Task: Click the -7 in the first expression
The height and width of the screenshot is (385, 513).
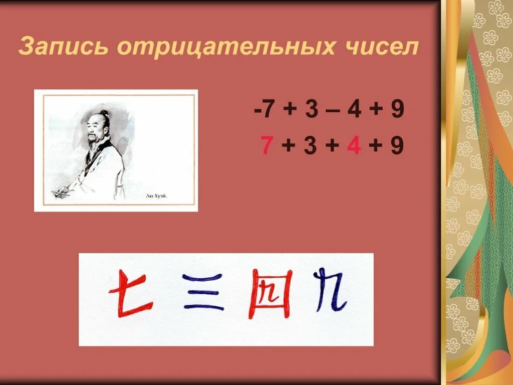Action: tap(264, 110)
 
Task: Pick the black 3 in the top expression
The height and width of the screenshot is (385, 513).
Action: tap(311, 110)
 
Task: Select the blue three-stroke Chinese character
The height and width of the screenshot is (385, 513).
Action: tap(203, 292)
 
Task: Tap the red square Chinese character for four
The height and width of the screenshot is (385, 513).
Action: tap(272, 294)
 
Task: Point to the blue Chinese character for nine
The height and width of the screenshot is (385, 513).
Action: tap(331, 291)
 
